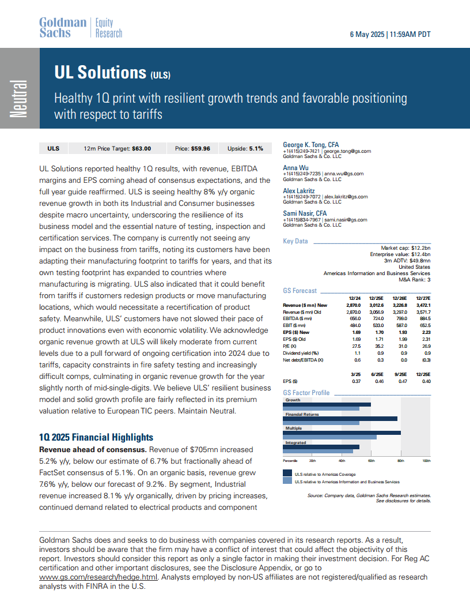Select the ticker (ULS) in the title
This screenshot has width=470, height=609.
pyautogui.click(x=160, y=75)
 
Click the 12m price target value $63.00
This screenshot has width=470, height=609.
pyautogui.click(x=141, y=148)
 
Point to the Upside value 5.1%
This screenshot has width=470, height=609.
pyautogui.click(x=256, y=148)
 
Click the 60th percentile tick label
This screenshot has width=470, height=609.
pyautogui.click(x=372, y=461)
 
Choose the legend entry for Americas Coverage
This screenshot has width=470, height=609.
pyautogui.click(x=324, y=474)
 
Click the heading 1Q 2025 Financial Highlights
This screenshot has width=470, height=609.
pyautogui.click(x=96, y=437)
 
